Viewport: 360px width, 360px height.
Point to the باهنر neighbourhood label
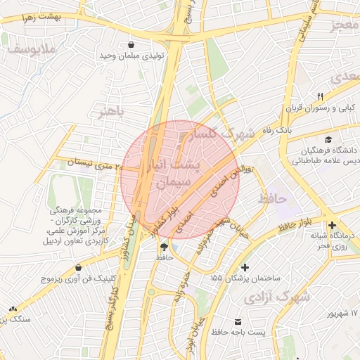pos(110,112)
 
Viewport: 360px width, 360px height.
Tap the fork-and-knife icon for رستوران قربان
pos(321,96)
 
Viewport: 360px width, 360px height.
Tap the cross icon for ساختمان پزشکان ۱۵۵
pos(244,267)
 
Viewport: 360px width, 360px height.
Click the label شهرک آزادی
pos(277,298)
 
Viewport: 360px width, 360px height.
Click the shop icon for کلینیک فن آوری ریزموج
pos(78,267)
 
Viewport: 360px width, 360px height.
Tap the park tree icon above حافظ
pos(165,247)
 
